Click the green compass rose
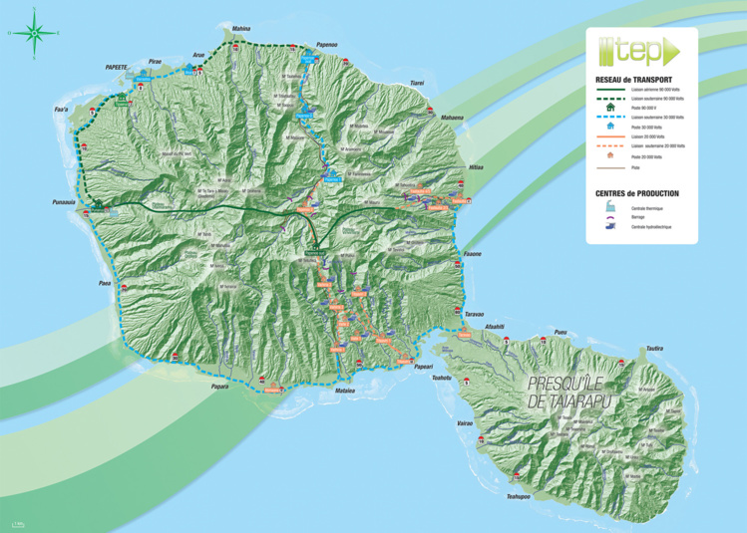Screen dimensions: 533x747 pyautogui.click(x=35, y=32)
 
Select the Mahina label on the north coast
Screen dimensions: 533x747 pyautogui.click(x=241, y=29)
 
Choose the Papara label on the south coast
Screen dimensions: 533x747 pyautogui.click(x=220, y=387)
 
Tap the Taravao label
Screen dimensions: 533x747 pyautogui.click(x=474, y=313)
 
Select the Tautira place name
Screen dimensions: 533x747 pyautogui.click(x=653, y=348)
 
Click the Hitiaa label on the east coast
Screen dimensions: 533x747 pyautogui.click(x=475, y=166)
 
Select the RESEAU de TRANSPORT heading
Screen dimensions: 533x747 pyautogui.click(x=633, y=79)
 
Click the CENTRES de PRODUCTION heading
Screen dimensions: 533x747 pyautogui.click(x=637, y=193)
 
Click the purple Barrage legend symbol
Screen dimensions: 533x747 pyautogui.click(x=608, y=217)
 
